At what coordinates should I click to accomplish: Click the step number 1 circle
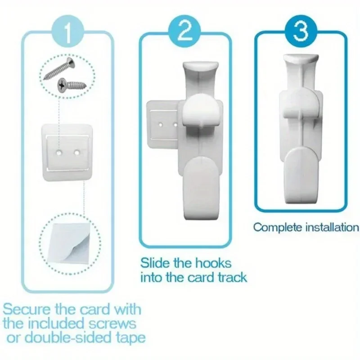(68, 32)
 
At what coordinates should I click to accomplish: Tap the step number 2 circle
(184, 31)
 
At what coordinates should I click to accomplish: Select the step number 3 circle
(301, 30)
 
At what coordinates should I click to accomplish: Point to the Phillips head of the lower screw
(62, 85)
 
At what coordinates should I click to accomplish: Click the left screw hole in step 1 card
(59, 152)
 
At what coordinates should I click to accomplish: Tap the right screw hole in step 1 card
(76, 152)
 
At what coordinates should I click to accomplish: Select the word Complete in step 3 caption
(278, 228)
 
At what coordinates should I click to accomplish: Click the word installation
(332, 228)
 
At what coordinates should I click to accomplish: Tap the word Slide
(155, 263)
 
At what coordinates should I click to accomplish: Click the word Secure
(26, 309)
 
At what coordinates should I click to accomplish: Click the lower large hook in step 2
(202, 188)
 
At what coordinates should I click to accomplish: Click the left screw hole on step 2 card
(161, 125)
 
